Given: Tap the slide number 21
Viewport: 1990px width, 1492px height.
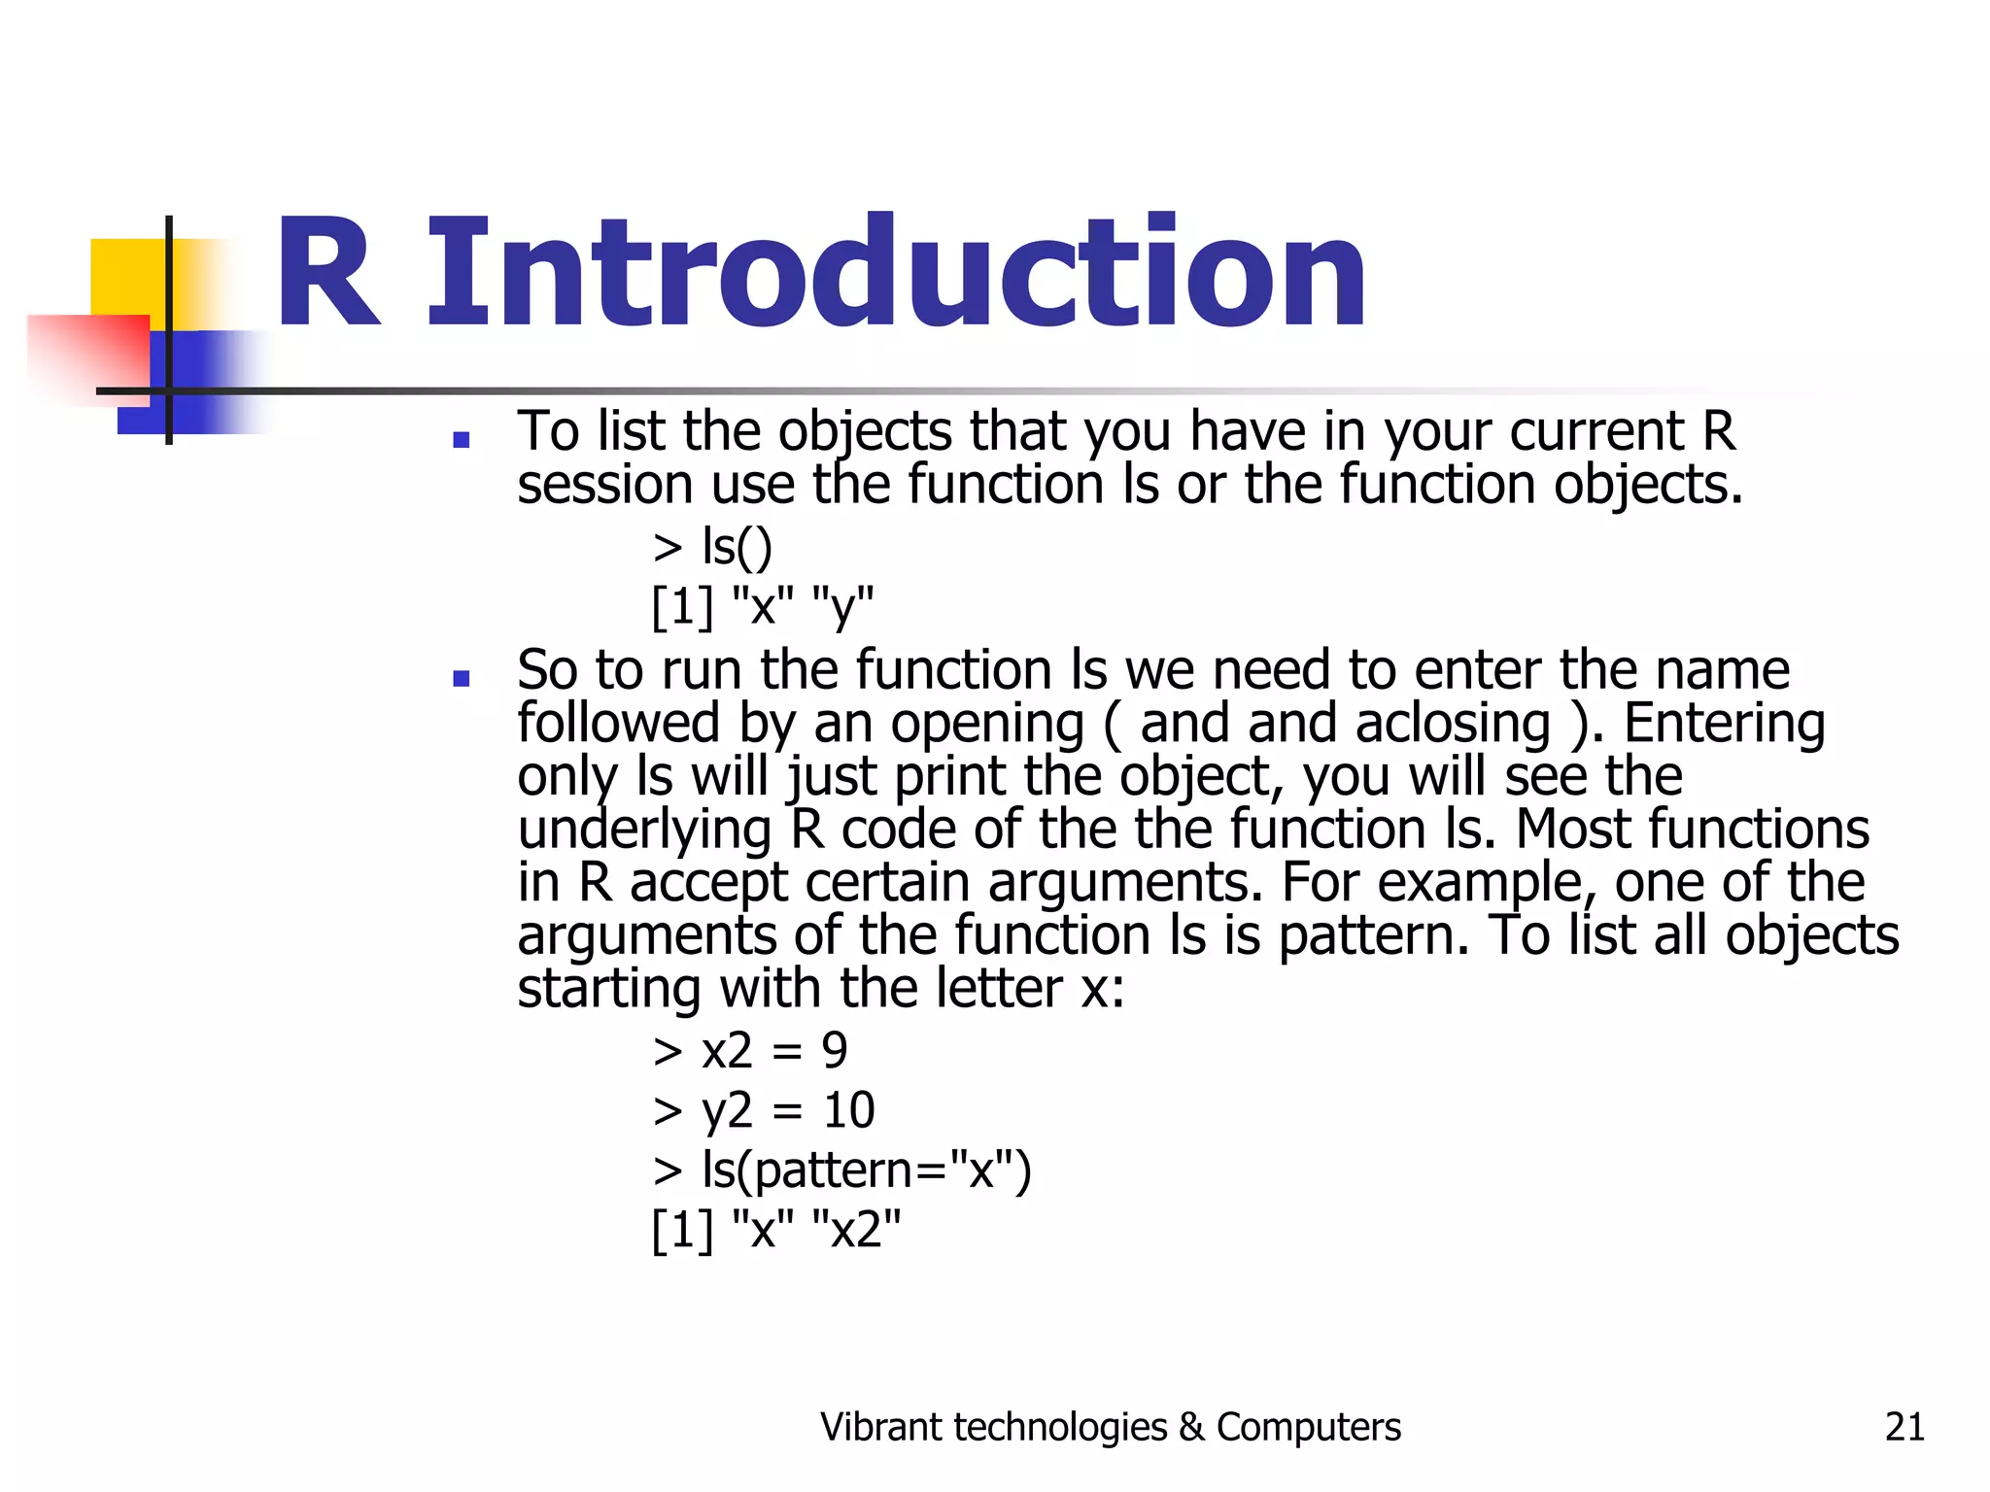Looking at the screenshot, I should point(1904,1427).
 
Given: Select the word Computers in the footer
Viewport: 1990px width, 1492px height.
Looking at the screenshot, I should point(1308,1427).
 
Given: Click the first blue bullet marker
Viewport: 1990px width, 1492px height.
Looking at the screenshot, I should point(462,440).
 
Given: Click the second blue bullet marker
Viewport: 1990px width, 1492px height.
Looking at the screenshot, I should point(462,678).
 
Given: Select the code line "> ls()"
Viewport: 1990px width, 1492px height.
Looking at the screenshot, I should point(712,547).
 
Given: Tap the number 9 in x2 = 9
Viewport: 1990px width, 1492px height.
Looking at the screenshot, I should point(834,1051).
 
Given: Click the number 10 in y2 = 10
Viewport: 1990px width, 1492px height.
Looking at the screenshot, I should point(848,1110).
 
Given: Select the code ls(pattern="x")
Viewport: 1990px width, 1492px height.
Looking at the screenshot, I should point(865,1170).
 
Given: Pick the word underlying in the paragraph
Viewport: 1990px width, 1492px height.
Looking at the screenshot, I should point(643,831).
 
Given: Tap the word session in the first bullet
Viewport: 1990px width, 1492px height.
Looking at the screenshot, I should point(604,485).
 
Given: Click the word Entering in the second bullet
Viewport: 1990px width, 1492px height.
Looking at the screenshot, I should point(1724,724).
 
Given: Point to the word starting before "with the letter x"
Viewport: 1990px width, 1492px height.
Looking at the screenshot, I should point(608,989).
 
